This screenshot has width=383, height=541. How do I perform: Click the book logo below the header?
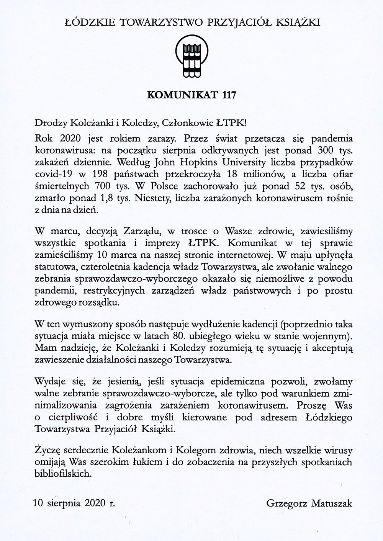tap(191, 57)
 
